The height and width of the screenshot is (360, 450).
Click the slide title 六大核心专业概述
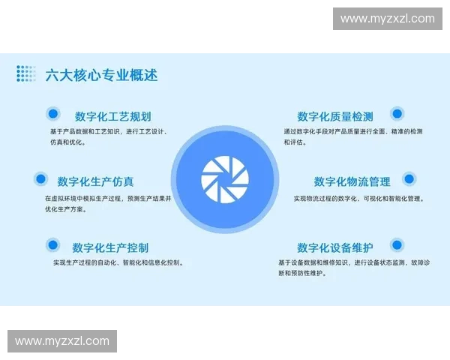pyautogui.click(x=101, y=75)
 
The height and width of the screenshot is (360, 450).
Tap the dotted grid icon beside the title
pyautogui.click(x=26, y=73)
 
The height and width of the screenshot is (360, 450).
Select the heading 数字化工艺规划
pyautogui.click(x=112, y=116)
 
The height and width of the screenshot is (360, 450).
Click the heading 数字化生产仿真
pyautogui.click(x=96, y=181)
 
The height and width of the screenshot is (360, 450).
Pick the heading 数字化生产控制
pyautogui.click(x=110, y=247)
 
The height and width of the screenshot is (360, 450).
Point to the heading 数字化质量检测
pyautogui.click(x=334, y=116)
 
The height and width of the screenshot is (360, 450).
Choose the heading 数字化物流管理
pyautogui.click(x=352, y=181)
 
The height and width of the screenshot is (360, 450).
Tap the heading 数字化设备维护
pyautogui.click(x=334, y=247)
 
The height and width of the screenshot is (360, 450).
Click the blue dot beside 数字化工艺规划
pyautogui.click(x=52, y=114)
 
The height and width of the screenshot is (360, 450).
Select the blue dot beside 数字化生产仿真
pyautogui.click(x=41, y=179)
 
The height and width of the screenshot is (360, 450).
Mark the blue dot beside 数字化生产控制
pyautogui.click(x=52, y=244)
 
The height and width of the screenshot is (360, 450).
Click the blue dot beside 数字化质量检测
pyautogui.click(x=397, y=114)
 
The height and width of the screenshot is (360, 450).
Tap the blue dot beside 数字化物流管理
pyautogui.click(x=408, y=179)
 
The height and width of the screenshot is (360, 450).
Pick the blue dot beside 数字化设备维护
pyautogui.click(x=397, y=244)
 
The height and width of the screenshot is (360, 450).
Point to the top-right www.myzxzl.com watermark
pyautogui.click(x=387, y=19)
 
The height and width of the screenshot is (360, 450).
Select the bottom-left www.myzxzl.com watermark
pyautogui.click(x=62, y=341)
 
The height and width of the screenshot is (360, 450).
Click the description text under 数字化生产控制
pyautogui.click(x=118, y=263)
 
